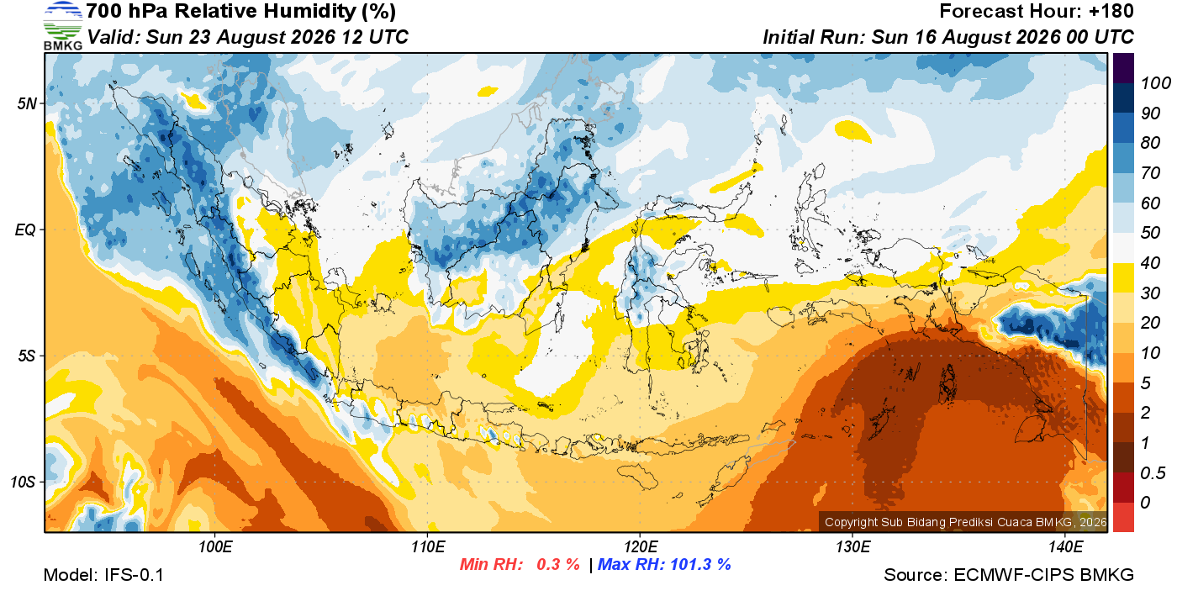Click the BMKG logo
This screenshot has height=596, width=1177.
pyautogui.click(x=62, y=26)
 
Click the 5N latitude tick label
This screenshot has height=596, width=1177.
pyautogui.click(x=27, y=103)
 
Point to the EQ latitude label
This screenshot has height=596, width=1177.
pyautogui.click(x=26, y=229)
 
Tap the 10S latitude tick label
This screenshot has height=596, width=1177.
pyautogui.click(x=24, y=482)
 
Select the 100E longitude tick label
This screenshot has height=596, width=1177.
pyautogui.click(x=215, y=546)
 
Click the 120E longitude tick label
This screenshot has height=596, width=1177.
pyautogui.click(x=641, y=546)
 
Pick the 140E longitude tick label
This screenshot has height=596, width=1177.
pyautogui.click(x=1066, y=546)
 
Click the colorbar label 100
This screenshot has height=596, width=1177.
pyautogui.click(x=1155, y=83)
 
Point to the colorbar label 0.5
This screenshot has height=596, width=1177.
pyautogui.click(x=1153, y=473)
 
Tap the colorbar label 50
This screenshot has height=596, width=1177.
pyautogui.click(x=1150, y=233)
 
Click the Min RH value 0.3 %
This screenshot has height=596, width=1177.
pyautogui.click(x=557, y=564)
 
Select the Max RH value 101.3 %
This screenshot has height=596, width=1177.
pyautogui.click(x=700, y=564)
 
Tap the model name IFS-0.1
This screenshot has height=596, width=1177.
pyautogui.click(x=134, y=575)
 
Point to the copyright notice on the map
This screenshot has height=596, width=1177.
pyautogui.click(x=966, y=522)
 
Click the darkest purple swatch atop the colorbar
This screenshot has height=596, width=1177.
pyautogui.click(x=1123, y=68)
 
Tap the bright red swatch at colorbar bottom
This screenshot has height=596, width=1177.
pyautogui.click(x=1123, y=517)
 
